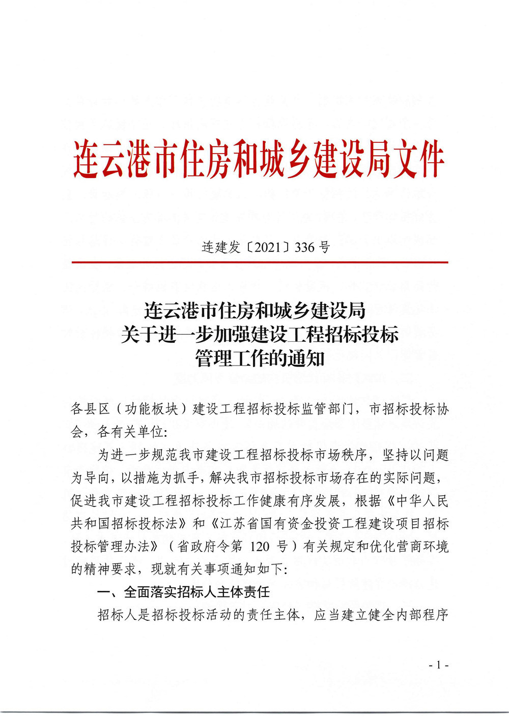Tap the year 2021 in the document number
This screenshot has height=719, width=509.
pos(268,248)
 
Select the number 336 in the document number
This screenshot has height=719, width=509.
pos(305,248)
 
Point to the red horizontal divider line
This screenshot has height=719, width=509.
pos(260,262)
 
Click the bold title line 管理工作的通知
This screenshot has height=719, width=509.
pos(260,358)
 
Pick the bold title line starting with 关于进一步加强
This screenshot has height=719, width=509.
pos(260,335)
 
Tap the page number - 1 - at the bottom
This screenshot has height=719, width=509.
pos(438,665)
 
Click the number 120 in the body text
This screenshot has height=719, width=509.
pos(260,547)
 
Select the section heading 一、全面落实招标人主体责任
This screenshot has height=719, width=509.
pos(184,592)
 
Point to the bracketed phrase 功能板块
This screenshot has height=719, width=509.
pos(151,409)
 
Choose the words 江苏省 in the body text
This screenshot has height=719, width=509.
pos(240,524)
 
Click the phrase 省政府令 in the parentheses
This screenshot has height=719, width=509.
pos(203,547)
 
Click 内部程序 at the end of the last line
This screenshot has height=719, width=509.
pos(422,615)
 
